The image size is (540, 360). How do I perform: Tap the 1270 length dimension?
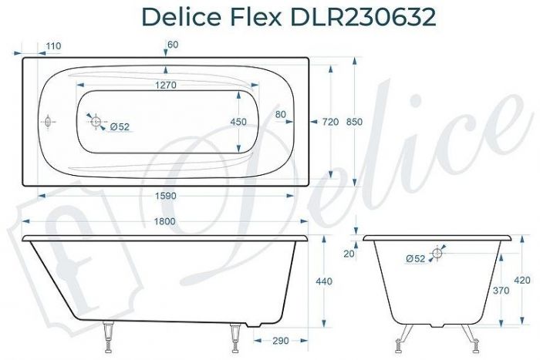click(x=166, y=86)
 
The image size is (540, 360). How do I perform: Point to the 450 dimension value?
click(x=239, y=122)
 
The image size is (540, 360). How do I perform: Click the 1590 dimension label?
click(x=166, y=196)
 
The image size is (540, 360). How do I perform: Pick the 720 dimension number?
click(x=330, y=122)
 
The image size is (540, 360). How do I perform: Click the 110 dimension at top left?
click(x=53, y=46)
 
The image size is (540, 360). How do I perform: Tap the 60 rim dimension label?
click(x=172, y=45)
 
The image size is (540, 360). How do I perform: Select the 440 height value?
click(x=324, y=281)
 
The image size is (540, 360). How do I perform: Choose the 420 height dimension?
click(x=522, y=280)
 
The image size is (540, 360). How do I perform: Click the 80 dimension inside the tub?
click(x=280, y=114)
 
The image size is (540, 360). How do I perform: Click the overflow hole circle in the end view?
click(x=437, y=251)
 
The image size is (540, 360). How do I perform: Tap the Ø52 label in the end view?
click(x=415, y=258)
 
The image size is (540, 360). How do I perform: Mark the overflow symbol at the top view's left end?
click(x=47, y=122)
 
